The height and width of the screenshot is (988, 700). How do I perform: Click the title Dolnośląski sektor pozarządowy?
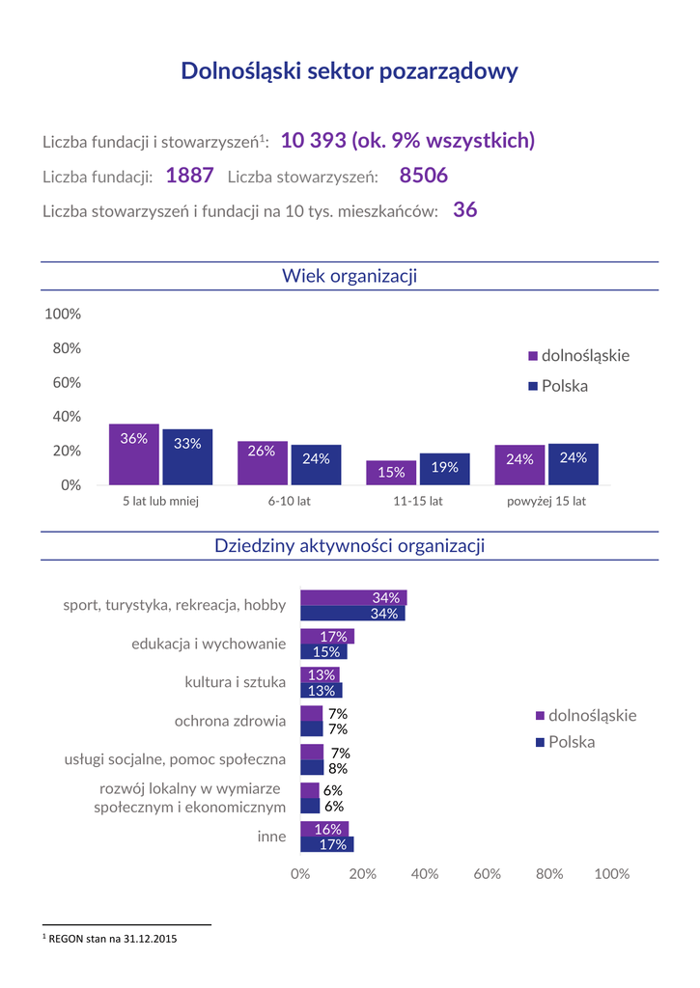[x=350, y=71]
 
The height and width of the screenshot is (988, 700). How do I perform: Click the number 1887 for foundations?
[x=189, y=176]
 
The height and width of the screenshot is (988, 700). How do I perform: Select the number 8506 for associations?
[x=423, y=176]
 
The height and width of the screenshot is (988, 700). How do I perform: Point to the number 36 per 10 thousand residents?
[x=464, y=210]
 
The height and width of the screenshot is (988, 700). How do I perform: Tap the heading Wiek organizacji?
[x=350, y=277]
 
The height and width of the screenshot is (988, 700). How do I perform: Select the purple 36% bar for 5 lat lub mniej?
[x=134, y=454]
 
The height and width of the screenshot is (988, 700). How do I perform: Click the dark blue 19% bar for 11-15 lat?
[x=444, y=469]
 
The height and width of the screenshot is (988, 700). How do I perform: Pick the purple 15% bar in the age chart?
[x=391, y=473]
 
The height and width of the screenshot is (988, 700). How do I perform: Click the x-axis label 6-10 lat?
[x=290, y=502]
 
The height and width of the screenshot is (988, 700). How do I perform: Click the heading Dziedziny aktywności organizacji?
[x=350, y=546]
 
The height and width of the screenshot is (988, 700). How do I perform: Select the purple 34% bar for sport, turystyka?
[x=353, y=597]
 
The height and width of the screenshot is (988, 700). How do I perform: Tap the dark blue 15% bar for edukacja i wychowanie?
[x=323, y=652]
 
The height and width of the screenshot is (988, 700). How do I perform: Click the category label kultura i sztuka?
[x=235, y=682]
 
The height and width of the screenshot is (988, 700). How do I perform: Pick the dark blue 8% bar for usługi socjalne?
[x=312, y=768]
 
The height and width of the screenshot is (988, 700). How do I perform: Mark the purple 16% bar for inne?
[x=324, y=829]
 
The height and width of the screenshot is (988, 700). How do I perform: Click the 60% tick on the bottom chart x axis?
[x=487, y=873]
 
